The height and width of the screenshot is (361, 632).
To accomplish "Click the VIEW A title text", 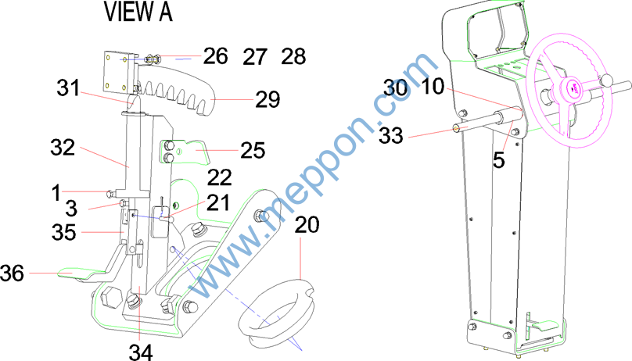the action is coord(138,12).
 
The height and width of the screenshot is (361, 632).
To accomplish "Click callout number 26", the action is coord(215,56).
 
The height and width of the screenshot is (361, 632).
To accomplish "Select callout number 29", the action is coord(268,99).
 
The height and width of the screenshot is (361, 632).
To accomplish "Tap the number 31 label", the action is coord(69,88).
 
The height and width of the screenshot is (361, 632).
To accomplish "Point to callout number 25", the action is coord(253,151).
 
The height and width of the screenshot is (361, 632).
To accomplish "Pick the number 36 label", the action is coord(12,273).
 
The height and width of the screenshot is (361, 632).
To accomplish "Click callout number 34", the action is coord(141,352).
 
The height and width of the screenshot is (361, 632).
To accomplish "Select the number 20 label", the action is coord(307,224).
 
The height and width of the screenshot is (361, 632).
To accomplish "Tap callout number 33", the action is coord(390,135).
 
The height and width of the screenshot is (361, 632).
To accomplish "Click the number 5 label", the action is coord(498,160).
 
